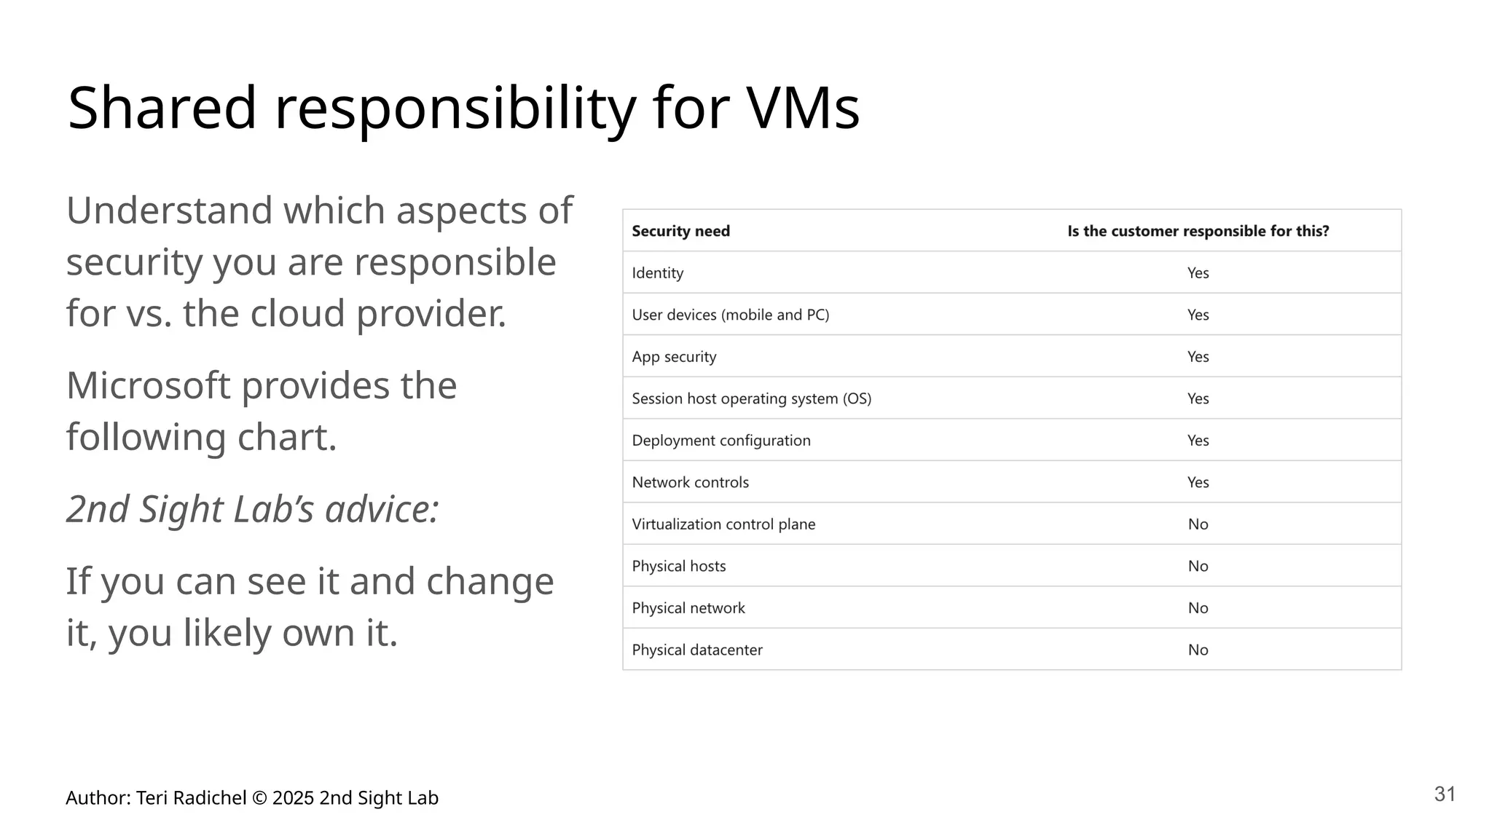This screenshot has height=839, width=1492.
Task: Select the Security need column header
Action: click(x=680, y=231)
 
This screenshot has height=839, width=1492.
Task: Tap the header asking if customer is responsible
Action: click(x=1198, y=231)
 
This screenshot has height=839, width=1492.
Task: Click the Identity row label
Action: click(x=657, y=273)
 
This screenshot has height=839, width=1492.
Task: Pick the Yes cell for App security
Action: click(x=1198, y=357)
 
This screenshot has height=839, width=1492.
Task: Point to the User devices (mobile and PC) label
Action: click(x=730, y=315)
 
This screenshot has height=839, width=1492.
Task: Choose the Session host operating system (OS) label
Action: click(x=751, y=398)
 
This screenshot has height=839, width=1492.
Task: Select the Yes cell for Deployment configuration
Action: click(x=1198, y=441)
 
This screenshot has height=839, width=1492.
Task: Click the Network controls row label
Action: click(x=690, y=482)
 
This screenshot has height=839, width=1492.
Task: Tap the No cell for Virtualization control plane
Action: click(x=1198, y=524)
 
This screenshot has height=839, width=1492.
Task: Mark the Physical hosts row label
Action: click(x=678, y=566)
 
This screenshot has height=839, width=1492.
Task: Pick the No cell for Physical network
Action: click(x=1198, y=608)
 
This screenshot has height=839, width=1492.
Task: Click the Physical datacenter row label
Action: click(x=696, y=650)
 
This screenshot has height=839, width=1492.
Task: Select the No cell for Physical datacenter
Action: click(x=1198, y=650)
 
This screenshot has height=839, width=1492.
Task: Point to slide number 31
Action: click(x=1445, y=794)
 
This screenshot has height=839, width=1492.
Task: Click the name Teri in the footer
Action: click(x=152, y=798)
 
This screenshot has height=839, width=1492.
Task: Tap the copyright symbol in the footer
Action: click(x=259, y=798)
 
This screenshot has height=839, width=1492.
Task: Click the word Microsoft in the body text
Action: click(x=148, y=385)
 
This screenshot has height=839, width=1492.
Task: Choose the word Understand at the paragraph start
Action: click(x=169, y=210)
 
